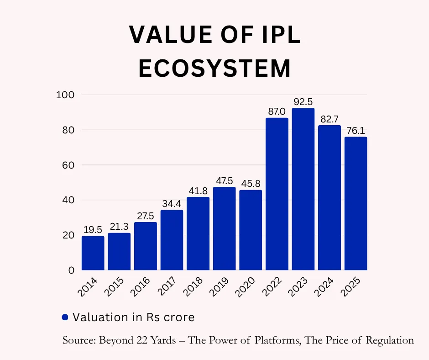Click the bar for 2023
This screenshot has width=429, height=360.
303,189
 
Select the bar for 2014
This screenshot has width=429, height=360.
93,253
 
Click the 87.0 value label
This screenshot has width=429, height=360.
277,111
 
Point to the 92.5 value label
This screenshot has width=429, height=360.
303,102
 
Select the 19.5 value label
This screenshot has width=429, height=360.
93,230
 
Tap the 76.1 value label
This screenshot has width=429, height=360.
356,131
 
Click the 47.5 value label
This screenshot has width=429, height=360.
225,180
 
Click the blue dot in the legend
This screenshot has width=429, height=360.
65,317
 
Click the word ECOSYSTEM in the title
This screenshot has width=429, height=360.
214,69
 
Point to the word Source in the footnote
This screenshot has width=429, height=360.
78,340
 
